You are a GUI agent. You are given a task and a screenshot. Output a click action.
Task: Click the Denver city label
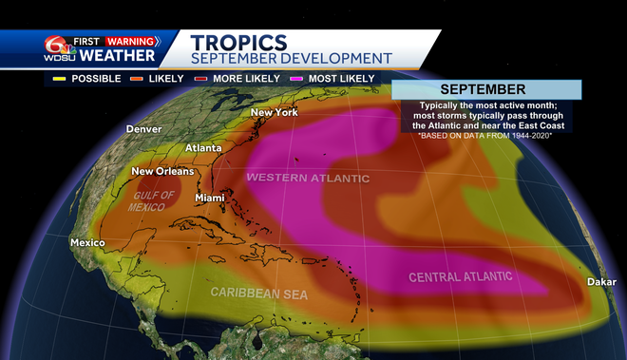[x=143, y=129]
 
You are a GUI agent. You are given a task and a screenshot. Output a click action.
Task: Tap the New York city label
[x=274, y=113]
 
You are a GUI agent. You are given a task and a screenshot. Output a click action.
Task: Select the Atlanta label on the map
[x=202, y=148]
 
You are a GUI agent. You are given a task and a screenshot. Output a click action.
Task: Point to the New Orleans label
[x=161, y=172]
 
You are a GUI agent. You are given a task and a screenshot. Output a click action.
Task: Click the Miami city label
[x=210, y=198]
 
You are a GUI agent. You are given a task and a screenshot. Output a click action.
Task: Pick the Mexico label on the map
[x=86, y=243]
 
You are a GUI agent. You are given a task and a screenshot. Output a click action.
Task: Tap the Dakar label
[x=601, y=282]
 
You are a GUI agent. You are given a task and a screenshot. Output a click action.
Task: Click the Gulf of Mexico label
[x=155, y=201]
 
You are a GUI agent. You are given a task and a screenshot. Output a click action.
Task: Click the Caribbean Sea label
[x=259, y=294]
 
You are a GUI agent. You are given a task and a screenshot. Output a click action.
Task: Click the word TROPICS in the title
[x=238, y=42]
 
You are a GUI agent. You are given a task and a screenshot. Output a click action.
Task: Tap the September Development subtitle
[x=283, y=59]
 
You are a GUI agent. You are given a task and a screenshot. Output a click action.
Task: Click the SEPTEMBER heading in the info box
[x=482, y=89]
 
